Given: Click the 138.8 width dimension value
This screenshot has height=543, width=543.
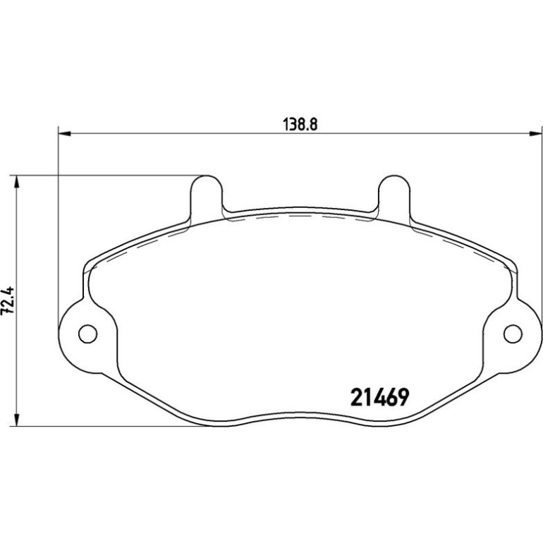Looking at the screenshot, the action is [300, 124].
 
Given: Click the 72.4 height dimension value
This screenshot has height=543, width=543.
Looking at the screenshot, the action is [7, 300].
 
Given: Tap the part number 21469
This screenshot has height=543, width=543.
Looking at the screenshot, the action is [380, 397].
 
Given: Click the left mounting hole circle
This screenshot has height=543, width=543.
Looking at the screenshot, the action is [88, 334].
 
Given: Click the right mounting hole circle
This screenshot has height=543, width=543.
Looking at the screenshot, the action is [513, 334].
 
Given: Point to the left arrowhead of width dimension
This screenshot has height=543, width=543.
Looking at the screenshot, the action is [64, 133].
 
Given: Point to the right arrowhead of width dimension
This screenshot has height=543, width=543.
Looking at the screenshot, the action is [535, 133].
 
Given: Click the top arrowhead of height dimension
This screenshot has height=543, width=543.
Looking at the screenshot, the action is [16, 182].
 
